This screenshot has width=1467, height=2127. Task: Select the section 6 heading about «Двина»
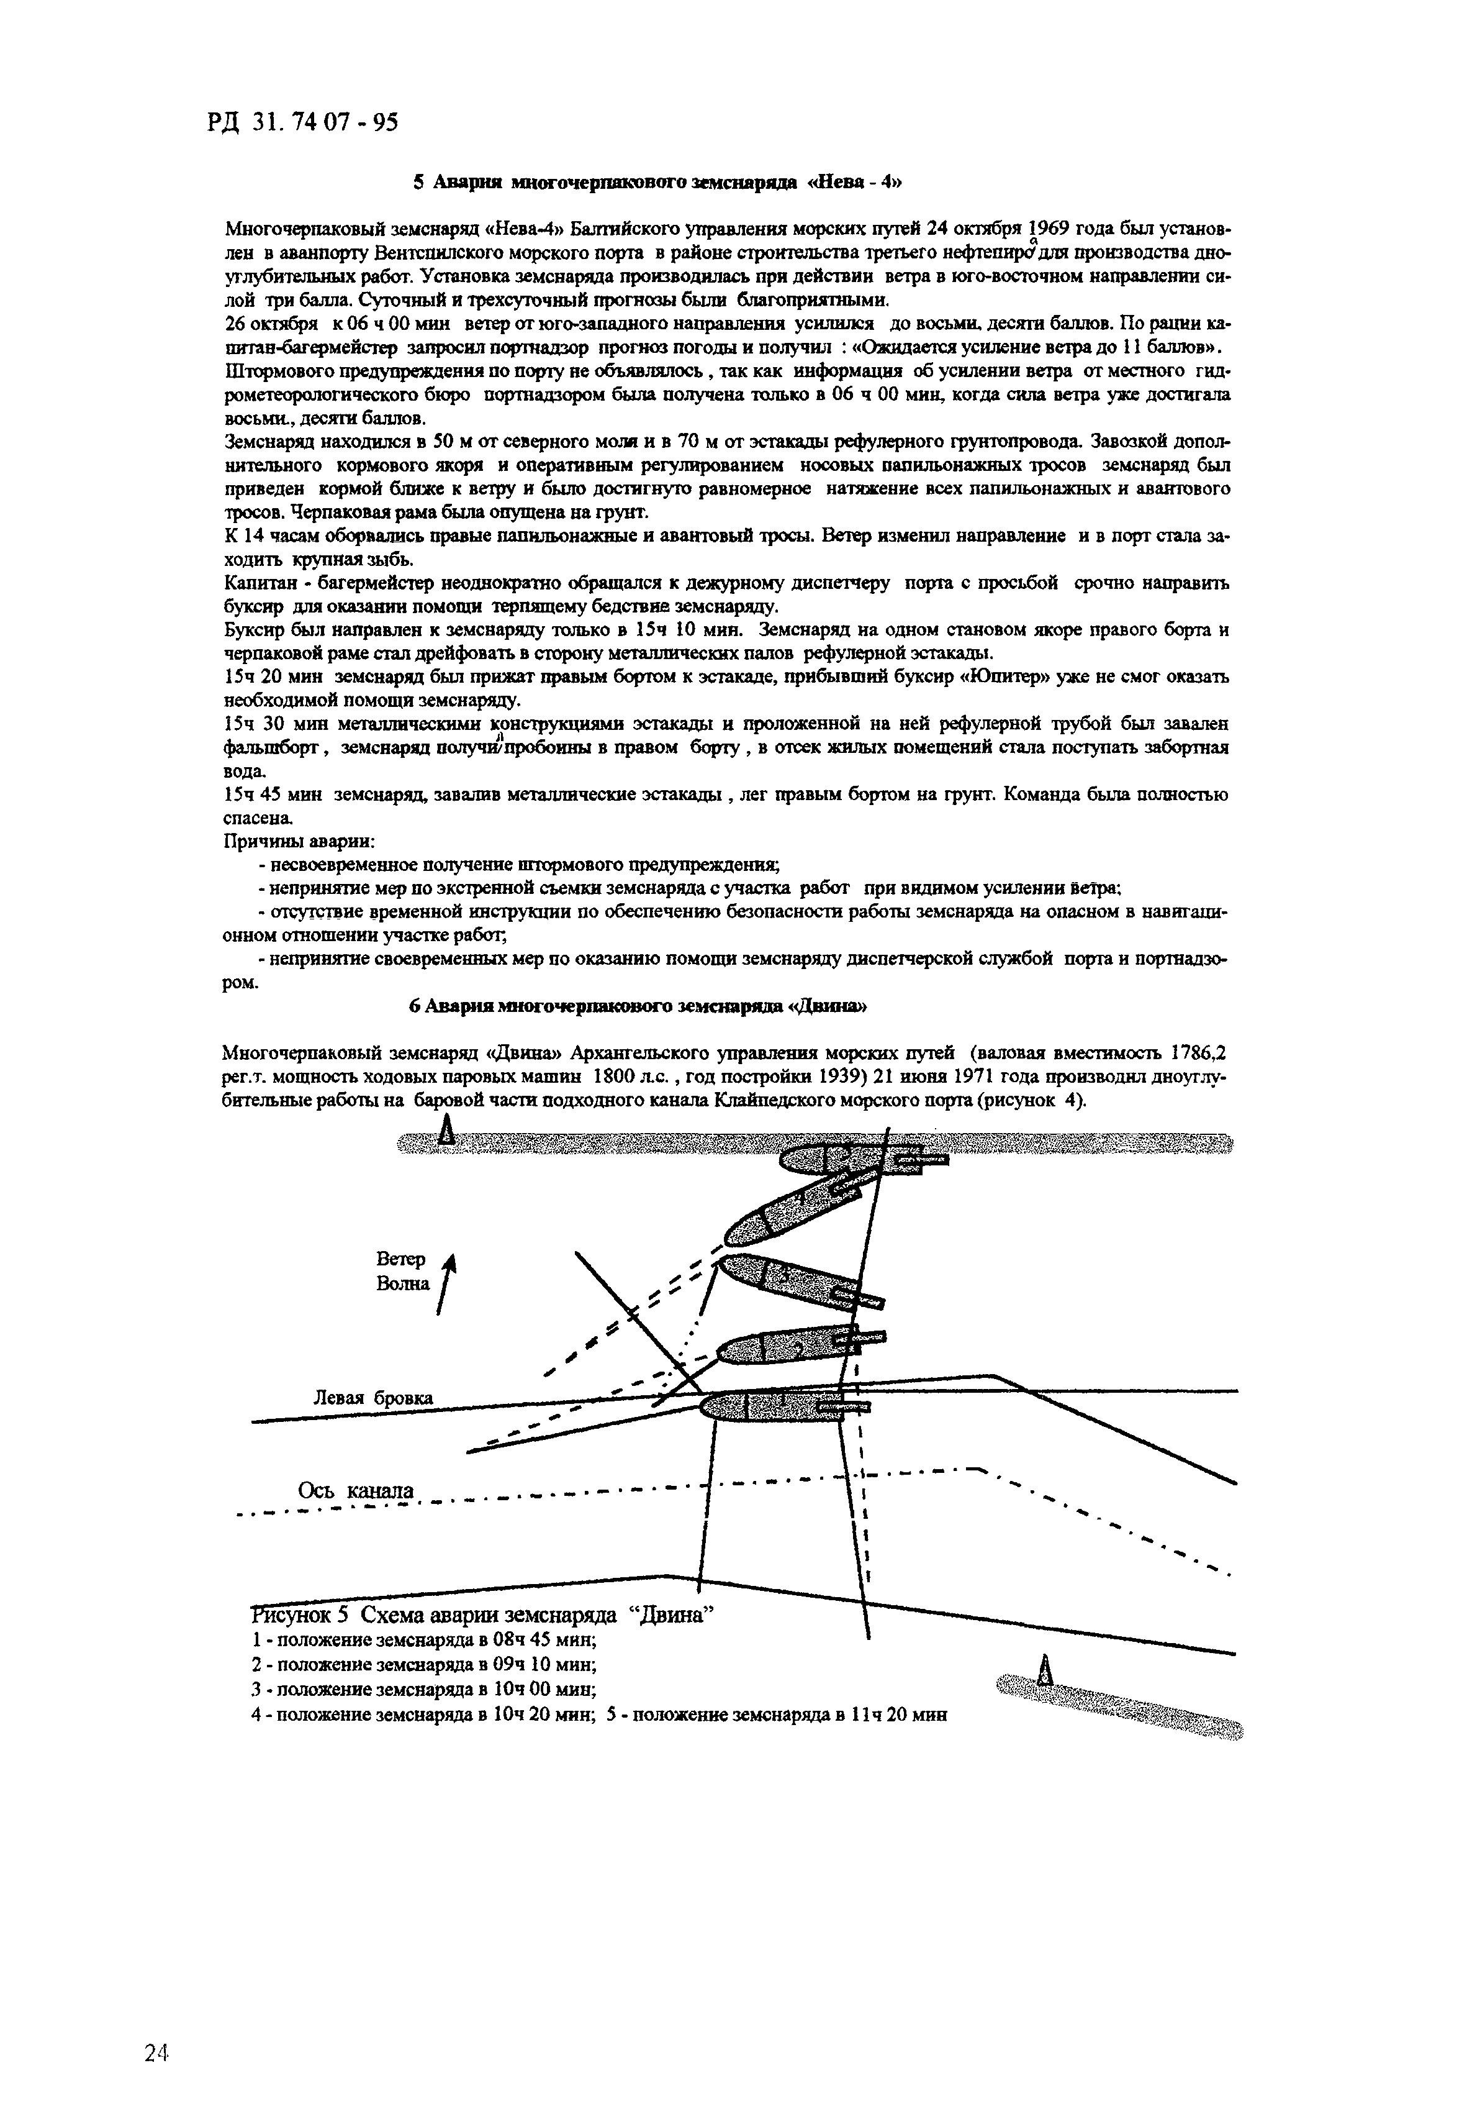[x=638, y=1006]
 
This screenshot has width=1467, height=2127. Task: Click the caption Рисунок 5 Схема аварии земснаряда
[x=482, y=1615]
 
